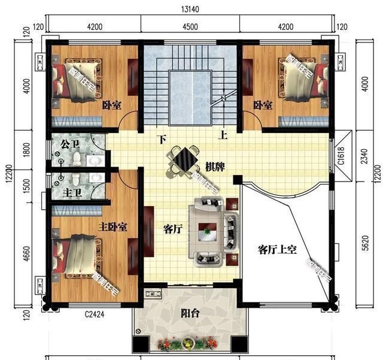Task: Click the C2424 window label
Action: [x=95, y=313]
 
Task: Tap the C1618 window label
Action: [x=341, y=157]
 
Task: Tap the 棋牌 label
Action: [x=215, y=165]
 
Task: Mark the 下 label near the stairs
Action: [x=162, y=139]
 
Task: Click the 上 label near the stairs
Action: [x=223, y=135]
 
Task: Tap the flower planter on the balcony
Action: [x=189, y=343]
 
